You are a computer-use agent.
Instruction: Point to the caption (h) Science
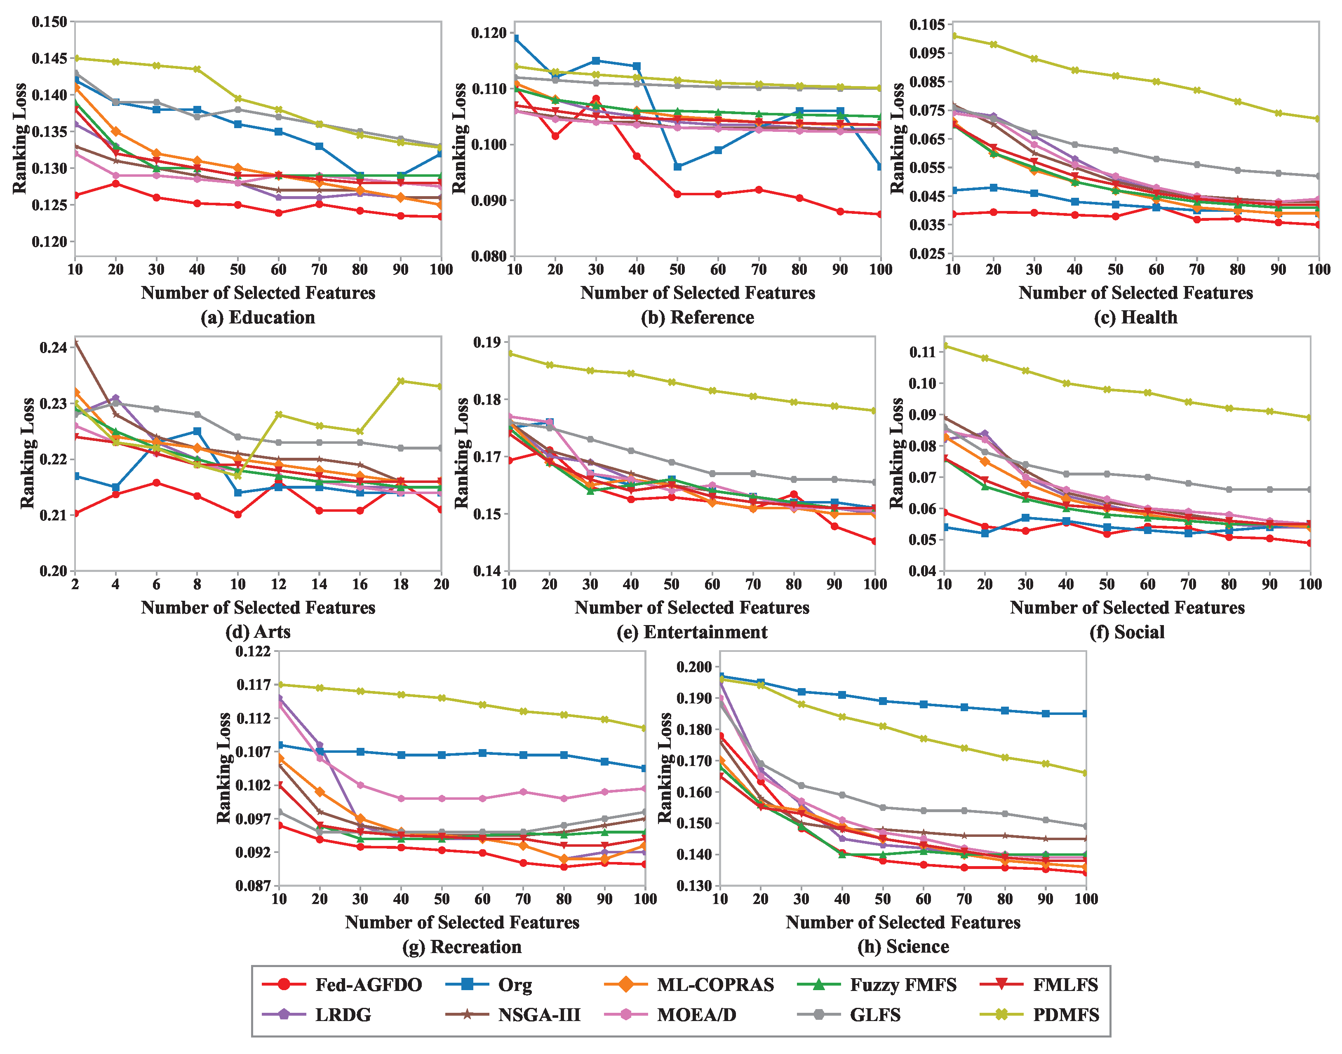[x=903, y=946]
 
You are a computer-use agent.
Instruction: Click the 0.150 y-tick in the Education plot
[x=49, y=22]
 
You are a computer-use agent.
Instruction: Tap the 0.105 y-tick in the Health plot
[x=927, y=25]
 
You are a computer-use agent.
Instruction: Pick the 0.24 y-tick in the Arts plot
[x=54, y=347]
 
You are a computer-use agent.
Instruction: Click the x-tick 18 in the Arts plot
[x=401, y=584]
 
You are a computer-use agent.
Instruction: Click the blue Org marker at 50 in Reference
[x=677, y=166]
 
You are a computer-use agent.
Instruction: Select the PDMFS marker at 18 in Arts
[x=401, y=381]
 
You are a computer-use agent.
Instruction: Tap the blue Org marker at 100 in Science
[x=1085, y=713]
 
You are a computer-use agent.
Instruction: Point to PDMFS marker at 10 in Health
[x=953, y=36]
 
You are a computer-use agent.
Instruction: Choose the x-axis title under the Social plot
[x=1127, y=607]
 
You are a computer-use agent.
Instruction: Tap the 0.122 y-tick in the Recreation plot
[x=253, y=652]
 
